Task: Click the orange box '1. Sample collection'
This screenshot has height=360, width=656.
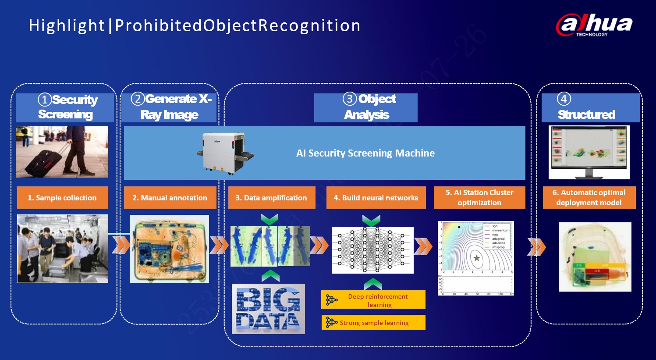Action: click(x=62, y=198)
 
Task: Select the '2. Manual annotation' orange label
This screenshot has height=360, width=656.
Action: click(x=170, y=198)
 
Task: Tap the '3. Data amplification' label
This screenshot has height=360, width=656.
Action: click(x=271, y=198)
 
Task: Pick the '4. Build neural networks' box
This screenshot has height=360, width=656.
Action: click(x=376, y=198)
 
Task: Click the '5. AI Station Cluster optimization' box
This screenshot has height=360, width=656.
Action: click(x=479, y=198)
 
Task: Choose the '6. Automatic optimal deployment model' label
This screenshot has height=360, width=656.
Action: click(x=589, y=198)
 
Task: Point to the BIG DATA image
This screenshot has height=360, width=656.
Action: click(x=268, y=309)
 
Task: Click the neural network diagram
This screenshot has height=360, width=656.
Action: click(x=372, y=250)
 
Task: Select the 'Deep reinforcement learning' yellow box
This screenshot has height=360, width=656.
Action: click(x=373, y=300)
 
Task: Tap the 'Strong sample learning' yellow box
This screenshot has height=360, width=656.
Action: click(x=373, y=323)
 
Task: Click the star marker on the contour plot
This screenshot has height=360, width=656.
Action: click(x=476, y=258)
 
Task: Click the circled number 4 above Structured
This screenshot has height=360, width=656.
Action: click(x=564, y=99)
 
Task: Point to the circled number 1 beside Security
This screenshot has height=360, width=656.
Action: click(x=45, y=100)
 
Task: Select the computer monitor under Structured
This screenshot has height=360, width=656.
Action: click(x=589, y=153)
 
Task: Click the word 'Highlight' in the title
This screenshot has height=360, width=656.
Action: click(x=67, y=25)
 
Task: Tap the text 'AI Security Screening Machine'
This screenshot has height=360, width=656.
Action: click(x=365, y=153)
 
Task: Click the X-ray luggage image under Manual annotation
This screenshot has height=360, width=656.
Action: click(x=169, y=249)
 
